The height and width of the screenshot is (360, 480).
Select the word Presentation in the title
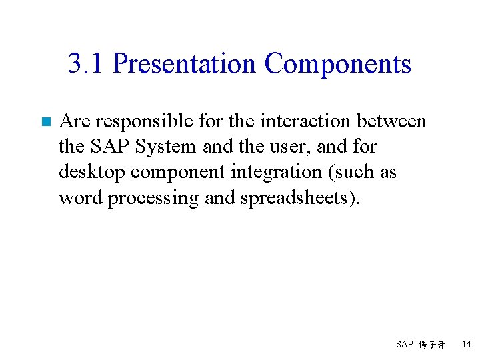pyautogui.click(x=184, y=64)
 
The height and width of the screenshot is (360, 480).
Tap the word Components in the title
pyautogui.click(x=337, y=64)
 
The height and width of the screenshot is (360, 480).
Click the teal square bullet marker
pyautogui.click(x=46, y=122)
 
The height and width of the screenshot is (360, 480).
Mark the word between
pyautogui.click(x=391, y=121)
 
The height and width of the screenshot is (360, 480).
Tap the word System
pyautogui.click(x=165, y=147)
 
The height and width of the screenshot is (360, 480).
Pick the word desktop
pyautogui.click(x=92, y=172)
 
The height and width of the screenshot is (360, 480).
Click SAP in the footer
pyautogui.click(x=405, y=345)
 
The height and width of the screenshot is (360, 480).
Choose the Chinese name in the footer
pyautogui.click(x=432, y=345)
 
